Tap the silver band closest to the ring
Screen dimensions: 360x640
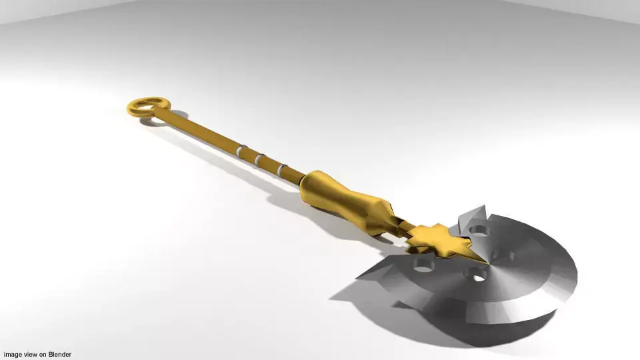tap(240, 151)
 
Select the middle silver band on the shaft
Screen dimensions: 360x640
tap(259, 161)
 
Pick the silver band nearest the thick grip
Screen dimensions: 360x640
tap(282, 171)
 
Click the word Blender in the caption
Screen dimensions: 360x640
tap(59, 355)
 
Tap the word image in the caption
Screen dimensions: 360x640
tap(13, 355)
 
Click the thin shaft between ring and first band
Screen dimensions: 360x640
tap(200, 131)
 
